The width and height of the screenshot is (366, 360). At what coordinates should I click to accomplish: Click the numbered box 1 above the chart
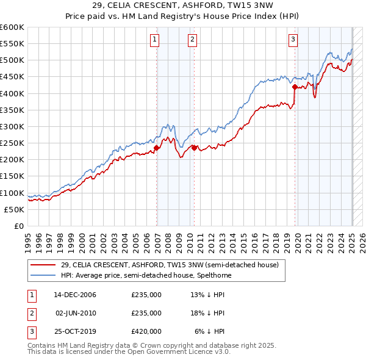155,40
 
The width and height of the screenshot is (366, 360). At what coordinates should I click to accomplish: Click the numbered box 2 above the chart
192,40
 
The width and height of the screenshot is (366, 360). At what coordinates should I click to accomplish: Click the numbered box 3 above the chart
293,40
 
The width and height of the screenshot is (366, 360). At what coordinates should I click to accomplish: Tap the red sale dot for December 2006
157,148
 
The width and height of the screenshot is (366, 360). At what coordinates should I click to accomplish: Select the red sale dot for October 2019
295,87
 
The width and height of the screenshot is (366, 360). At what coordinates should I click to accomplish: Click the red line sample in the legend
43,265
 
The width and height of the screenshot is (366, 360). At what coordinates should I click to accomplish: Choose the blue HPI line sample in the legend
43,275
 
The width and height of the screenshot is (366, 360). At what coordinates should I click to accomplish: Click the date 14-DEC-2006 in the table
75,295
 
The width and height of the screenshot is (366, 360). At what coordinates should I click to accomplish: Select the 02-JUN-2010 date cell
76,313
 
